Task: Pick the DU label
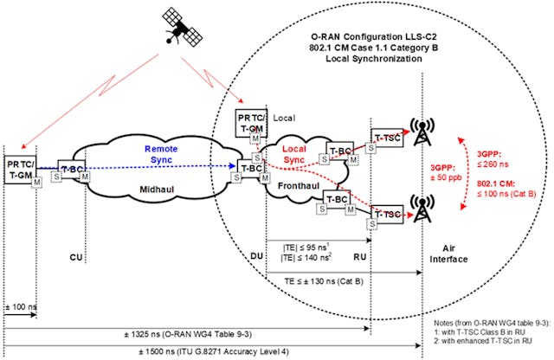[255, 256]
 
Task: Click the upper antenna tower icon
[423, 131]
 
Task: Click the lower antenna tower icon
[423, 209]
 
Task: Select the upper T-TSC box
[386, 137]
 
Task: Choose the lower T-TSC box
[386, 213]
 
